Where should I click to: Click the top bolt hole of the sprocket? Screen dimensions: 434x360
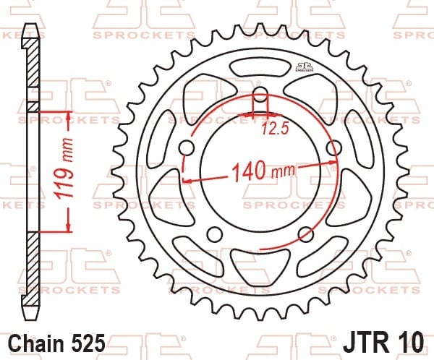(x=260, y=94)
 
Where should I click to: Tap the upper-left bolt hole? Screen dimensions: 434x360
(x=187, y=147)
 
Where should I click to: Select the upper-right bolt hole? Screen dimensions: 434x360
(x=334, y=147)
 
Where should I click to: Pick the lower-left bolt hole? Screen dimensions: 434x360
(x=215, y=234)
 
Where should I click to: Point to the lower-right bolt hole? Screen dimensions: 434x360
(x=306, y=234)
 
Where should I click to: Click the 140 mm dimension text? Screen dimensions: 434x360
(x=263, y=171)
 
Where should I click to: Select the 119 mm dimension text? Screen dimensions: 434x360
(x=64, y=168)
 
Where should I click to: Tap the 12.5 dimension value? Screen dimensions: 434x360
(x=275, y=129)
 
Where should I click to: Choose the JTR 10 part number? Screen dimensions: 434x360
(x=383, y=343)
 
